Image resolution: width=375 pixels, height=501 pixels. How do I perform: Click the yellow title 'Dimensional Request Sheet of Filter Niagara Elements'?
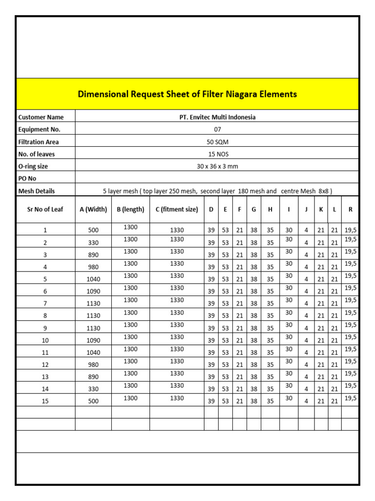pos(187,94)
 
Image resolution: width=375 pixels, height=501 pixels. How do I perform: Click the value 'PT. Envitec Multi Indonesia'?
pos(217,117)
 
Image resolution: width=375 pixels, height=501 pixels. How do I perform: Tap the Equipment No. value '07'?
pos(217,130)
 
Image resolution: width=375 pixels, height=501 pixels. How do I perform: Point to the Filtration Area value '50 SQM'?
pos(217,142)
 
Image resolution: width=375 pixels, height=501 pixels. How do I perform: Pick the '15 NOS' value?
pos(217,154)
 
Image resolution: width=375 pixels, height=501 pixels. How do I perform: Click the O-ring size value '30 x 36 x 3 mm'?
pos(217,166)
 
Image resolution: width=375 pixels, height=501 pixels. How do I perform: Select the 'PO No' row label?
pos(27,179)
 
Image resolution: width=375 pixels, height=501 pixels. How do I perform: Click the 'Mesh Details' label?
pos(37,191)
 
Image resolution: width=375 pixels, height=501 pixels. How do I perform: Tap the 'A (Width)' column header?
pos(93,209)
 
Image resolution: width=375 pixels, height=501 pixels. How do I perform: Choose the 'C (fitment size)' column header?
pos(177,209)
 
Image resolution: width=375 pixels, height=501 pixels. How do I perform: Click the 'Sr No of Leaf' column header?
pos(45,209)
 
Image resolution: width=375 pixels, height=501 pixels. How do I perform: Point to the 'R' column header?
pos(350,209)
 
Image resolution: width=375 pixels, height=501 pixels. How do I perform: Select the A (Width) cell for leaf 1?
pos(93,230)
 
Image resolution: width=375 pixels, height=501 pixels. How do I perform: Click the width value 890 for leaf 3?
pos(93,255)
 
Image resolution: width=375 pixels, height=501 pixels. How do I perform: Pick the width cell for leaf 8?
pos(93,316)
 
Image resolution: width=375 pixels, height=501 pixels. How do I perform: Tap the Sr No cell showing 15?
pos(45,401)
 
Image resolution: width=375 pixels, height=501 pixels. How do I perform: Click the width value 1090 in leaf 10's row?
pos(93,341)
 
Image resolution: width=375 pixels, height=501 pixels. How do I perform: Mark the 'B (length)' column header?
pos(130,209)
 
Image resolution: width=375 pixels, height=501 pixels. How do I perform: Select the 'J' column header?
pos(306,209)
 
